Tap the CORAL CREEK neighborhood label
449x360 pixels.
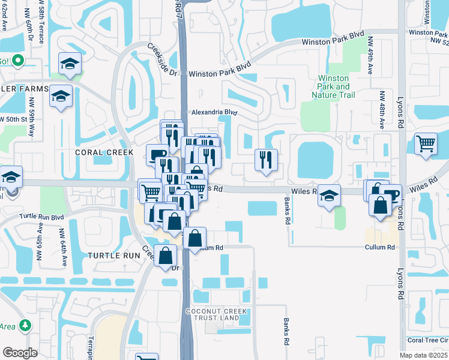[104, 152]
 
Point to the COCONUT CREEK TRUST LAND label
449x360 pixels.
[217, 314]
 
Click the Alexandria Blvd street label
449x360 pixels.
[214, 112]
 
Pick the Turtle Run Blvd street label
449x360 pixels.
[41, 216]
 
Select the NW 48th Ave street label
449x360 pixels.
[382, 110]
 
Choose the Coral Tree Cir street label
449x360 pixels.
[427, 340]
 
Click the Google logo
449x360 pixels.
[20, 352]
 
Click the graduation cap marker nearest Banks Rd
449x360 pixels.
[329, 196]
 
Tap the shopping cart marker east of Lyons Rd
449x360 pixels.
[426, 144]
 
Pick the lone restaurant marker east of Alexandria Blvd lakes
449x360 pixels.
[266, 160]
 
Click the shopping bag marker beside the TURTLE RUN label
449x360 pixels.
[166, 256]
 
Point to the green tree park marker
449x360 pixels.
[25, 325]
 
